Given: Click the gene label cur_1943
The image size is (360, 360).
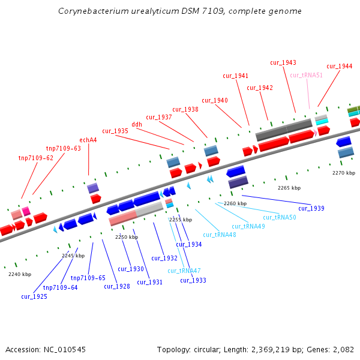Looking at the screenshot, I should coord(283,62).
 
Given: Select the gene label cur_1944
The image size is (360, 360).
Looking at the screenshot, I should coord(339,66).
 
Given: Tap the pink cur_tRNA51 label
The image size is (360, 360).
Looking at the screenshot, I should coord(306,75).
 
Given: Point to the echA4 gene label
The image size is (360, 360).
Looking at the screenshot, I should coord(88,140).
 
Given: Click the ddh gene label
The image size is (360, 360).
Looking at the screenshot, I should coord(137,124).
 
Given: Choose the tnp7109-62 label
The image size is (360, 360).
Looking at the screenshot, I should coord(36,158).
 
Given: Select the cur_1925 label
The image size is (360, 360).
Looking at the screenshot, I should coord(34,296).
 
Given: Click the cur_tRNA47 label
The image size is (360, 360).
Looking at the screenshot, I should coord(184,271).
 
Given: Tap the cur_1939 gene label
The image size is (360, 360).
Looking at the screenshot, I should coord(311,208).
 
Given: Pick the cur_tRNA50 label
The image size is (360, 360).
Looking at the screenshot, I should coord(280,217).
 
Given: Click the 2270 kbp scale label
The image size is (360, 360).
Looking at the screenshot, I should coord(343,173).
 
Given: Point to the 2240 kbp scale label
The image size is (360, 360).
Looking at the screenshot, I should coord(19,274).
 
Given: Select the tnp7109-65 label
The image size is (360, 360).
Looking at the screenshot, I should coord(88,278).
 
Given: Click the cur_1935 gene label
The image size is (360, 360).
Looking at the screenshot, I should coord(115,131).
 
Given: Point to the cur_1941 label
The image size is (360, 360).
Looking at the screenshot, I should coord(235,76).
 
